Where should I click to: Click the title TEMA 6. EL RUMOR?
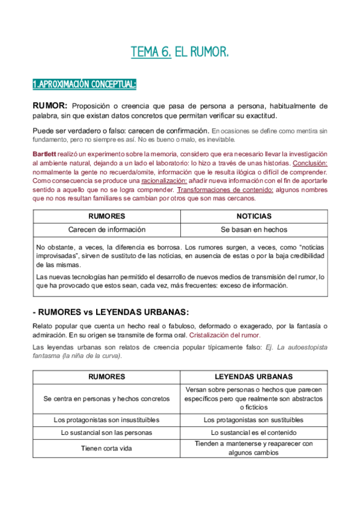180,53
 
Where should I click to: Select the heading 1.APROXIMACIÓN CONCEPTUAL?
84,84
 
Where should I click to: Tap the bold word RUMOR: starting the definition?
50,106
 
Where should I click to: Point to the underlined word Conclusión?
310,163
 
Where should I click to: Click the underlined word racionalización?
163,180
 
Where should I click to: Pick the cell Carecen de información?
106,229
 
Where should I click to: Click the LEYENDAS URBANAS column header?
254,376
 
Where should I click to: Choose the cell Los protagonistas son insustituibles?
106,420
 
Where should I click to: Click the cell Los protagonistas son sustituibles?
254,420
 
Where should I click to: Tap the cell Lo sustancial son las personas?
106,432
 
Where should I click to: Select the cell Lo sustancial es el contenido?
254,432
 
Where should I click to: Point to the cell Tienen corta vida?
106,448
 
